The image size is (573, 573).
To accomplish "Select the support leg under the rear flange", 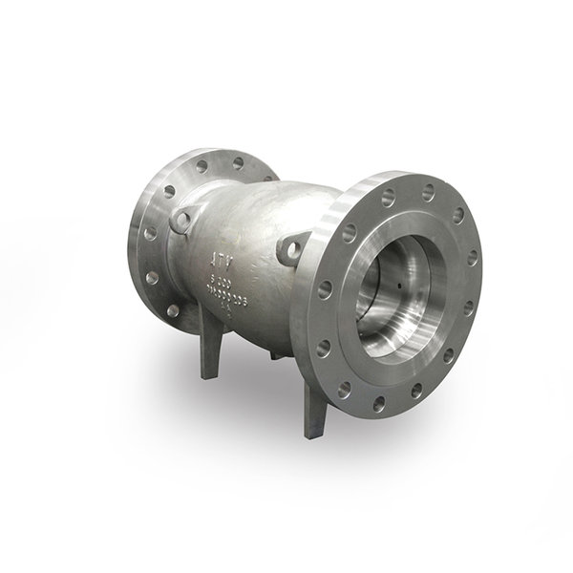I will pyautogui.click(x=208, y=358).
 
